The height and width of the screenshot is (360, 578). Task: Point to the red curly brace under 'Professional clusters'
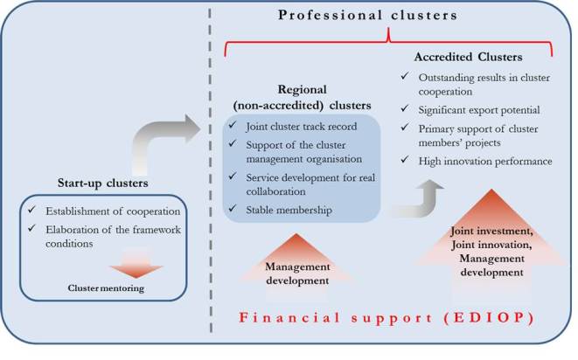(386, 38)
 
